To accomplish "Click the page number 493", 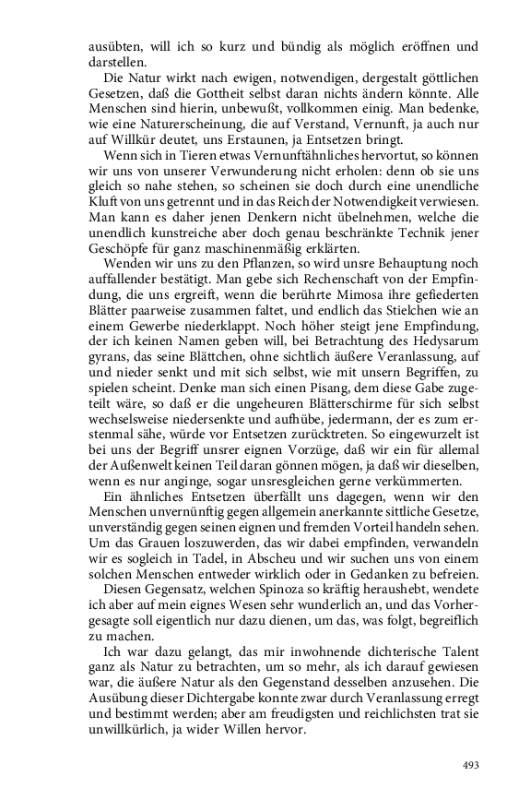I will pyautogui.click(x=471, y=765).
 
